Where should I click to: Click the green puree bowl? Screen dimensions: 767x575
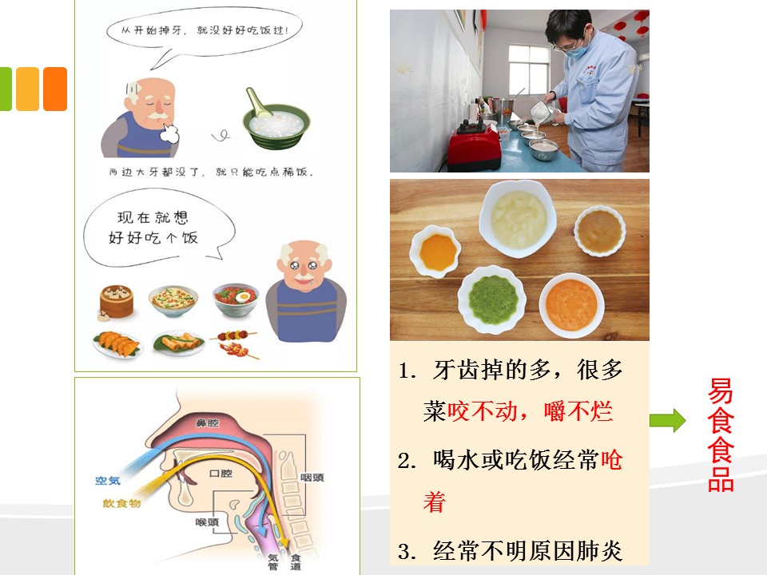492,299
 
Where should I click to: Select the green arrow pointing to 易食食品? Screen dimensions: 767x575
668,421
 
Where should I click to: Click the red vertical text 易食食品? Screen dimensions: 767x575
721,434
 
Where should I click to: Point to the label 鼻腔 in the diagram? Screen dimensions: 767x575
207,423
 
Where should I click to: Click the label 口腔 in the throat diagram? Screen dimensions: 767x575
221,474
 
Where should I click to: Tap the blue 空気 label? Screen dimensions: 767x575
108,481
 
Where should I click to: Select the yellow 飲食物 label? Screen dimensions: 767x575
121,503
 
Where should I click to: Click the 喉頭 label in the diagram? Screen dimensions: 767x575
208,522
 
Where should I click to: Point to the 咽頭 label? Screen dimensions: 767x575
312,478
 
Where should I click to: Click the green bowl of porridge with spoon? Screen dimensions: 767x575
276,122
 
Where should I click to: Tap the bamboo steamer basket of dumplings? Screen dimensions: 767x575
116,302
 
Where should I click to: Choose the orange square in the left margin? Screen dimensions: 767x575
55,89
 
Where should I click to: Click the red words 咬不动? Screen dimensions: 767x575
483,410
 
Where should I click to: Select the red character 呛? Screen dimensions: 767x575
611,460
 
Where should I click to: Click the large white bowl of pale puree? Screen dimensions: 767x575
518,219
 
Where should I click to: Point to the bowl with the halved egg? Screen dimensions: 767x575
236,299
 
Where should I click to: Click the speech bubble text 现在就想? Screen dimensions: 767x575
153,217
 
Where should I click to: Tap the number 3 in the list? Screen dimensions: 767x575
404,552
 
